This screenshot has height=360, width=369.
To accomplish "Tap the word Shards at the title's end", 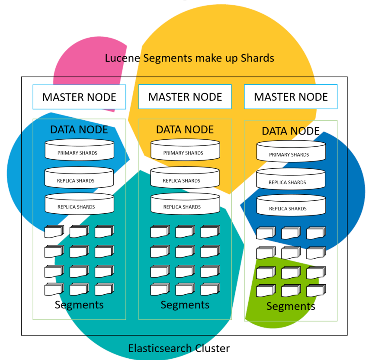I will [257, 58].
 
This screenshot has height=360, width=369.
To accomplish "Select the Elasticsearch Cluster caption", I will [179, 348].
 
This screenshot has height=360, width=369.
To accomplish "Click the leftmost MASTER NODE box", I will [79, 97].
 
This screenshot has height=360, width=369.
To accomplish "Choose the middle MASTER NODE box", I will [185, 97].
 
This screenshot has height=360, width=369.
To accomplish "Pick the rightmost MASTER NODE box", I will [291, 97].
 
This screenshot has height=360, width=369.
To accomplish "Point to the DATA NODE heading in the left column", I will [79, 129].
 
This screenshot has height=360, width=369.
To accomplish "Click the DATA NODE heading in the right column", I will [291, 131].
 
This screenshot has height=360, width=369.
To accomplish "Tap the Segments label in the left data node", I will [79, 305].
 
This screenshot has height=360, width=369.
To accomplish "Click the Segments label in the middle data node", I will [185, 305].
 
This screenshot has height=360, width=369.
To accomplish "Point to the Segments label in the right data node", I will [291, 306].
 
